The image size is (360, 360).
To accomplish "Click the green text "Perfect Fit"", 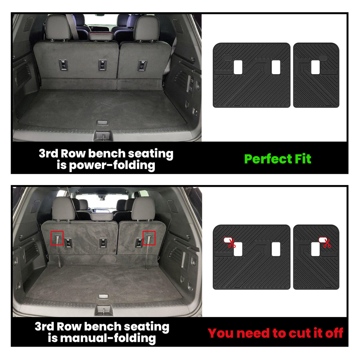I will (278, 159).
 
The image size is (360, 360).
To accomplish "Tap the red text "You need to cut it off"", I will (275, 333).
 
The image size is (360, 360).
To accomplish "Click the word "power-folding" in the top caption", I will (112, 165).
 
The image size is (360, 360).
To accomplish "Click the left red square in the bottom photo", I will (57, 238).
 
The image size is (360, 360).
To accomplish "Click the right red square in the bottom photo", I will (149, 238).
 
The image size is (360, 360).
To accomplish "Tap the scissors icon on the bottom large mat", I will (231, 243).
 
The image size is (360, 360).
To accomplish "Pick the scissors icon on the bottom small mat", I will (327, 243).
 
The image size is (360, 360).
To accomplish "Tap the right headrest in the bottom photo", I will (143, 209).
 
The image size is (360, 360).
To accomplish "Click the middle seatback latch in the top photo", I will (102, 65).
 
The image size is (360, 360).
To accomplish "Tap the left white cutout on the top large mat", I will (238, 67).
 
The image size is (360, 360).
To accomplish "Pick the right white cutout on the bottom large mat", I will (276, 249).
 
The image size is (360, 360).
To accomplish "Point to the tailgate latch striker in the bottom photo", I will (103, 311).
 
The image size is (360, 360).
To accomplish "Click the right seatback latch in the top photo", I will (142, 65).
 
